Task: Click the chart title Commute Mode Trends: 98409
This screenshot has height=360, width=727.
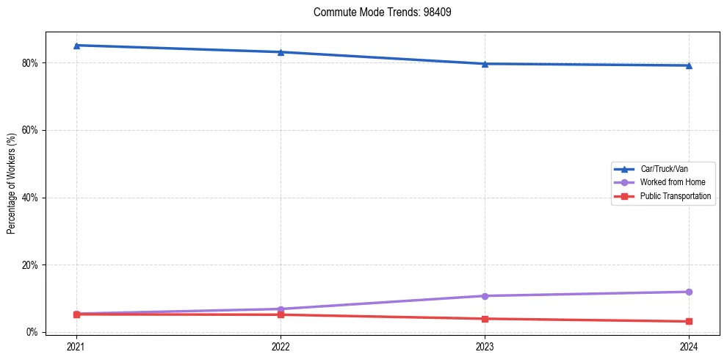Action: (x=377, y=12)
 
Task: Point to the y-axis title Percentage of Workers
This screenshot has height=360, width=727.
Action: (x=11, y=183)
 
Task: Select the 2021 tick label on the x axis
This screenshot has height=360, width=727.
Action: (x=76, y=346)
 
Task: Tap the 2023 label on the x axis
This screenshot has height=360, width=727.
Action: (x=485, y=346)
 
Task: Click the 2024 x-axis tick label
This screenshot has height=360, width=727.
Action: (x=689, y=346)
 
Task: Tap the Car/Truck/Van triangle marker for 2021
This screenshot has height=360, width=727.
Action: (x=76, y=46)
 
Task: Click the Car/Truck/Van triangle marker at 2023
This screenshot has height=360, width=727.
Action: (x=485, y=64)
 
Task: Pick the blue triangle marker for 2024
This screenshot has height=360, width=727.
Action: (x=689, y=65)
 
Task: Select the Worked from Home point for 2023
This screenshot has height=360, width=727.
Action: (x=485, y=296)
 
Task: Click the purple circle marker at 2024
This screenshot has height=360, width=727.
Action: (x=689, y=292)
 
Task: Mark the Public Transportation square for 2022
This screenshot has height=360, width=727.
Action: (x=281, y=314)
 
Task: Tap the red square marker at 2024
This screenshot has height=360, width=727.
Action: (x=689, y=321)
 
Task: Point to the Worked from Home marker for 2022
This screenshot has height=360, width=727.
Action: (x=281, y=309)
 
